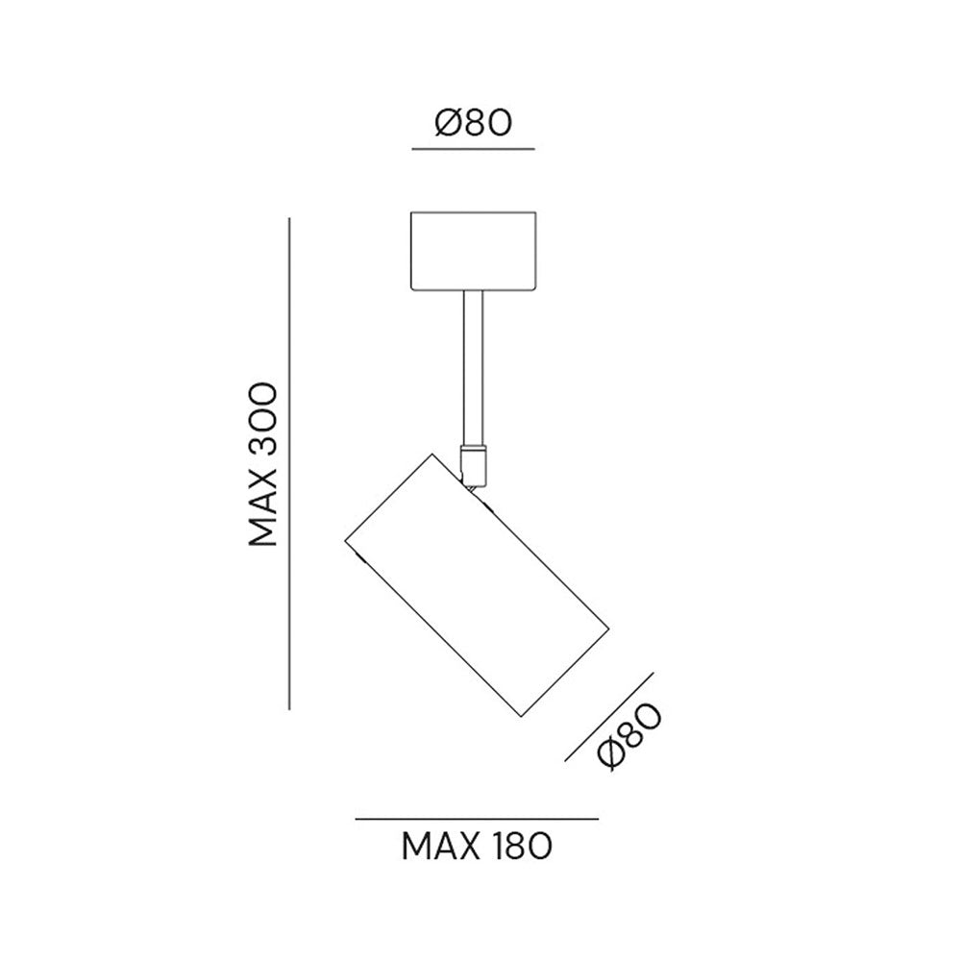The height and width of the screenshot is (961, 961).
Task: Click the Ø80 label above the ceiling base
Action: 473,123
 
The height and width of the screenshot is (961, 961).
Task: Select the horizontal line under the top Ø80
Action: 473,149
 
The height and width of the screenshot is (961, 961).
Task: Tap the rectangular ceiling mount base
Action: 473,251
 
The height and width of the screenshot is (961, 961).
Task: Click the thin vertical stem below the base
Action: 473,368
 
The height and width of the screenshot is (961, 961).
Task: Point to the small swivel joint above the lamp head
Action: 474,466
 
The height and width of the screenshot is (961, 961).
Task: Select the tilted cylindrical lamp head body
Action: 477,585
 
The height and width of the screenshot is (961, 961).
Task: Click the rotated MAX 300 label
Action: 263,464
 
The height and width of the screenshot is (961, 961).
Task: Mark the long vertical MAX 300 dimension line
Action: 289,464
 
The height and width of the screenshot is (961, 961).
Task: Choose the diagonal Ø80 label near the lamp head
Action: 629,737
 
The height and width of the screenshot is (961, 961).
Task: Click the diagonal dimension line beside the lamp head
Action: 609,717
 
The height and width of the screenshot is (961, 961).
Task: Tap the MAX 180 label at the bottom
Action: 477,847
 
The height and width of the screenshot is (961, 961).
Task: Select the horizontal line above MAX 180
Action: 477,819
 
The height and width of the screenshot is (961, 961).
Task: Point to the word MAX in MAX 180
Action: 440,847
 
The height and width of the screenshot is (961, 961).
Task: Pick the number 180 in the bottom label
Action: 522,847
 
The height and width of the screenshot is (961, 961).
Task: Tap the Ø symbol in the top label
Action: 449,123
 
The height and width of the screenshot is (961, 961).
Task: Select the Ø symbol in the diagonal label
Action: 613,753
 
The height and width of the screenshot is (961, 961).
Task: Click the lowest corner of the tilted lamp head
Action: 521,717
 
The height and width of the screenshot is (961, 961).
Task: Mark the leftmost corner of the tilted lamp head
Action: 345,541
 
